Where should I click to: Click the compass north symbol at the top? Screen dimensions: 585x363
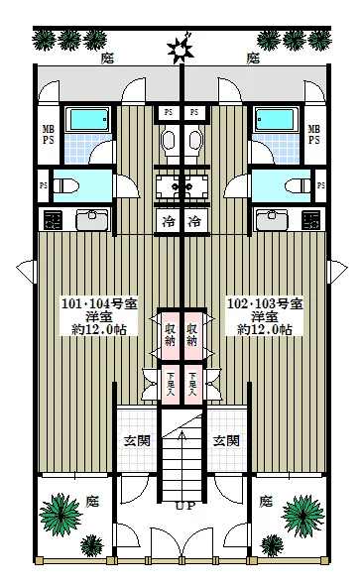180,47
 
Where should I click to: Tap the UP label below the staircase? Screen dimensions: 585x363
182,506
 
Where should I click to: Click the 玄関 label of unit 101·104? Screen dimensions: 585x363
137,439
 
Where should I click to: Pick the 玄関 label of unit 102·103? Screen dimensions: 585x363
227,439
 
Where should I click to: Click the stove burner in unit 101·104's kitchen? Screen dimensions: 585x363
54,219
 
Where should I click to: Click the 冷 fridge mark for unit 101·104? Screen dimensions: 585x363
170,219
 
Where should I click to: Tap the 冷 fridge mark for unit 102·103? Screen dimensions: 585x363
194,219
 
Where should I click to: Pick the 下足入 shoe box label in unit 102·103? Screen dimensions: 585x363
193,385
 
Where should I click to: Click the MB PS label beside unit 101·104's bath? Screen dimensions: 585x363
48,134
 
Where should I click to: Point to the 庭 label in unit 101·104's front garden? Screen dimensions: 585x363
92,502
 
